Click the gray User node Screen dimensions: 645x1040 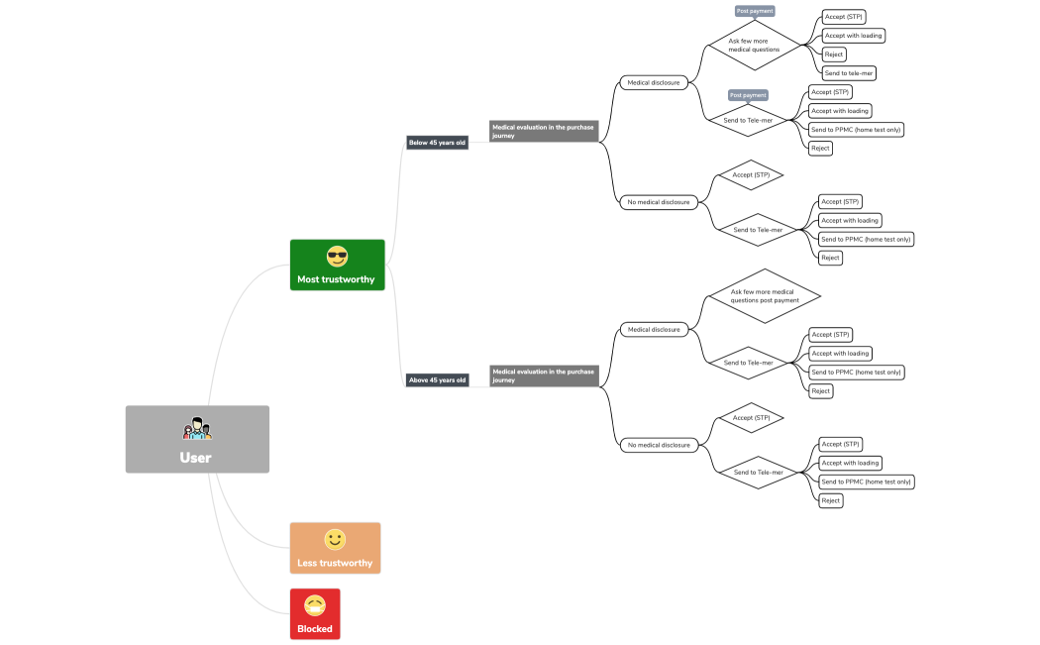pos(197,439)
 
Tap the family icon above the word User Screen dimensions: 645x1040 pos(197,428)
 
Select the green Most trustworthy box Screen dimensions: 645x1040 pos(337,265)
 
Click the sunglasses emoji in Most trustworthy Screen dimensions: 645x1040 pos(337,257)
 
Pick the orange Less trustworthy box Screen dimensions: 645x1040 pos(335,548)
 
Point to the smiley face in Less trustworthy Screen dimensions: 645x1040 pos(335,539)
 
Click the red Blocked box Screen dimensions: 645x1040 pos(315,614)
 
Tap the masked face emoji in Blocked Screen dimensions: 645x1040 pos(315,605)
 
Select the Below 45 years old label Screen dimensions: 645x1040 pos(437,143)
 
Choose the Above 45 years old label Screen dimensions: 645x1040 pos(437,380)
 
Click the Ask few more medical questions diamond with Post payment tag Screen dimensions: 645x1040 pos(755,46)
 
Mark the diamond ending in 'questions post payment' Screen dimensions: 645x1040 pos(763,296)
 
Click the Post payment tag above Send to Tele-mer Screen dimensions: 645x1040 pos(748,95)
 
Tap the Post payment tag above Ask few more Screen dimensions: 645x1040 pos(755,11)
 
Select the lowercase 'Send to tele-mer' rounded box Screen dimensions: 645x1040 pos(849,73)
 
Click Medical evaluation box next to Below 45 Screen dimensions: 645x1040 pos(544,131)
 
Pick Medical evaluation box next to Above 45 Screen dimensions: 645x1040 pos(544,376)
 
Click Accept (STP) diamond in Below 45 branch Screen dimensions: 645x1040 pos(751,175)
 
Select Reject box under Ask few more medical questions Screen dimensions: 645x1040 pos(834,54)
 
